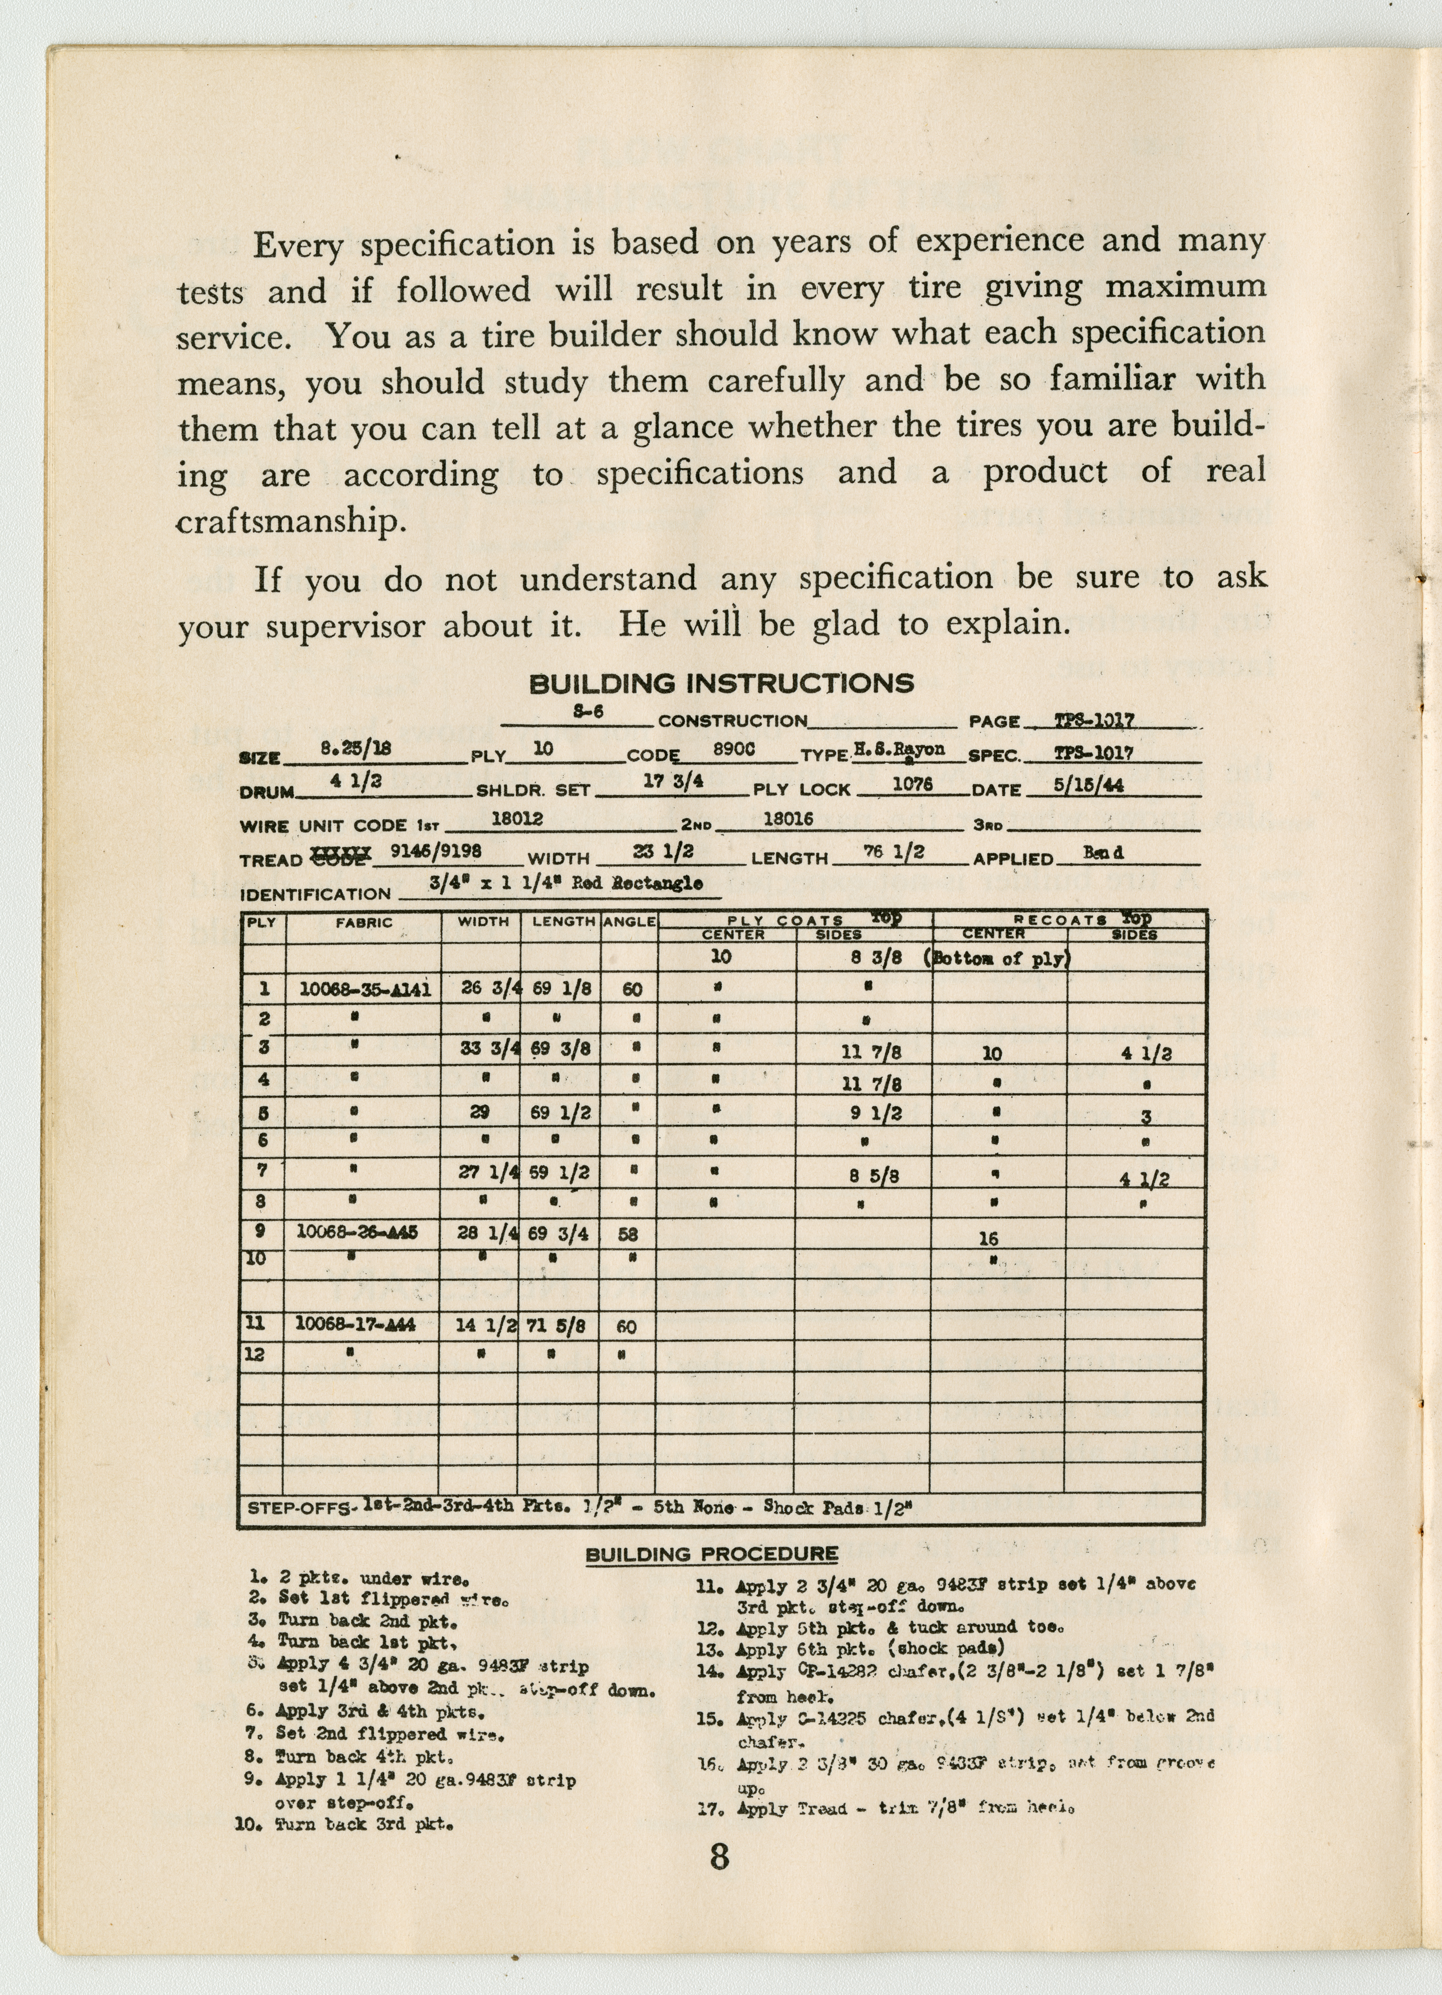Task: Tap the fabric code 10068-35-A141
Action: [x=365, y=989]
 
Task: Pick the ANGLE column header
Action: [x=629, y=922]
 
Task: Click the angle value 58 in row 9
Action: [x=628, y=1234]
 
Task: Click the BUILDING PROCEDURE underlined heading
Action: [x=712, y=1554]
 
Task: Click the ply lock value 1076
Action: [x=912, y=784]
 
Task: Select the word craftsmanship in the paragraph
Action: [x=291, y=522]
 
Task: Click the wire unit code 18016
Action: [x=788, y=819]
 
